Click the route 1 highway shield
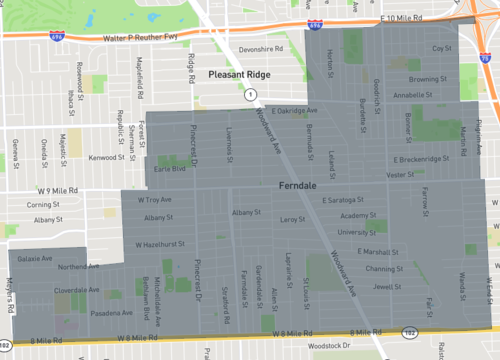pos(251,93)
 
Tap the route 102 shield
pos(410,331)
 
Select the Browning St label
pos(428,79)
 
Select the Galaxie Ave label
pos(33,258)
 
